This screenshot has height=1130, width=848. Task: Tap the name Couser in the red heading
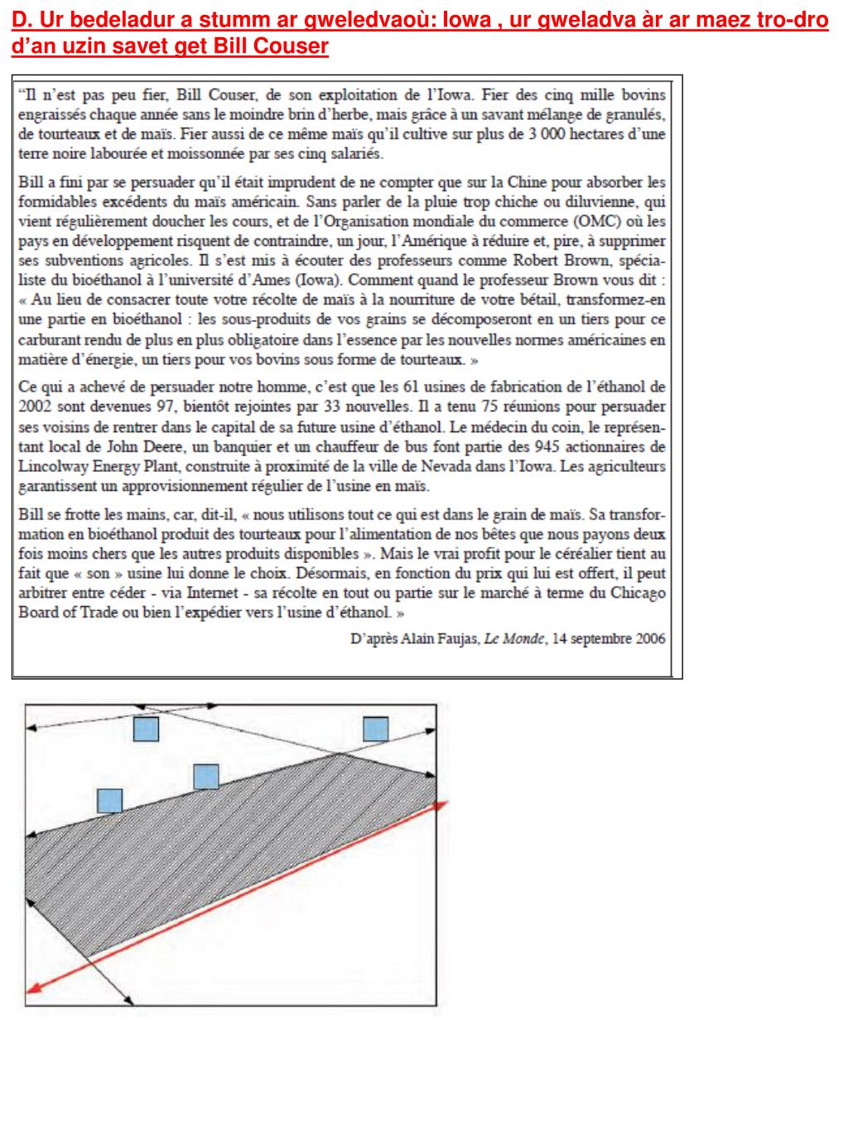(x=296, y=46)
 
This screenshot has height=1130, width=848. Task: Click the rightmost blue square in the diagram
(x=375, y=728)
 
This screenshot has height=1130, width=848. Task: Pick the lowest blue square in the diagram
(x=109, y=801)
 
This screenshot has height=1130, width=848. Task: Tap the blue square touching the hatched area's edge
(x=205, y=777)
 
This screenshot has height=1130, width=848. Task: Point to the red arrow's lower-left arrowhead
(x=33, y=986)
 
